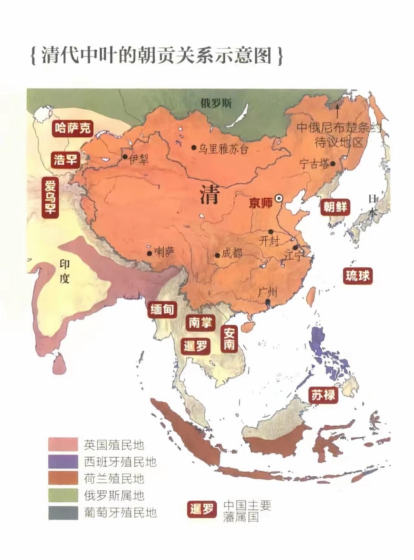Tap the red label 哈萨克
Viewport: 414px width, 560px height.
[x=73, y=128]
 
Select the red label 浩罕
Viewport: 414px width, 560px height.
[x=66, y=159]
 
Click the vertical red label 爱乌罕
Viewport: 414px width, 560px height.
[x=50, y=197]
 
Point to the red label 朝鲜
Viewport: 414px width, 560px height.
[x=335, y=207]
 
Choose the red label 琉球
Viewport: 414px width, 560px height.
[x=357, y=275]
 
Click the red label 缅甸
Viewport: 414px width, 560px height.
[x=162, y=309]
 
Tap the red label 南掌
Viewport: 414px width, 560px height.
[x=200, y=323]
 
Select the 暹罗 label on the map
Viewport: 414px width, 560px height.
[x=195, y=346]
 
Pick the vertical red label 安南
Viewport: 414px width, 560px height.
[x=229, y=339]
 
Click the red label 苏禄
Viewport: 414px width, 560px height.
[x=323, y=394]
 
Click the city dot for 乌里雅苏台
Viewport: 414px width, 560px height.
[x=194, y=148]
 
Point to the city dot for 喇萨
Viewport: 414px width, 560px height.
[x=149, y=253]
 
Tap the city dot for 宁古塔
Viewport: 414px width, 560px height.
[x=333, y=164]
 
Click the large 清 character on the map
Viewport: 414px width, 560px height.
[x=209, y=194]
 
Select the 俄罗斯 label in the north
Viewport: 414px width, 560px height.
[x=216, y=103]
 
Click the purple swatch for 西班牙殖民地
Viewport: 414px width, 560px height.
[x=63, y=461]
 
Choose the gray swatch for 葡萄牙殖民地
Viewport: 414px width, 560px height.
[x=63, y=512]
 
